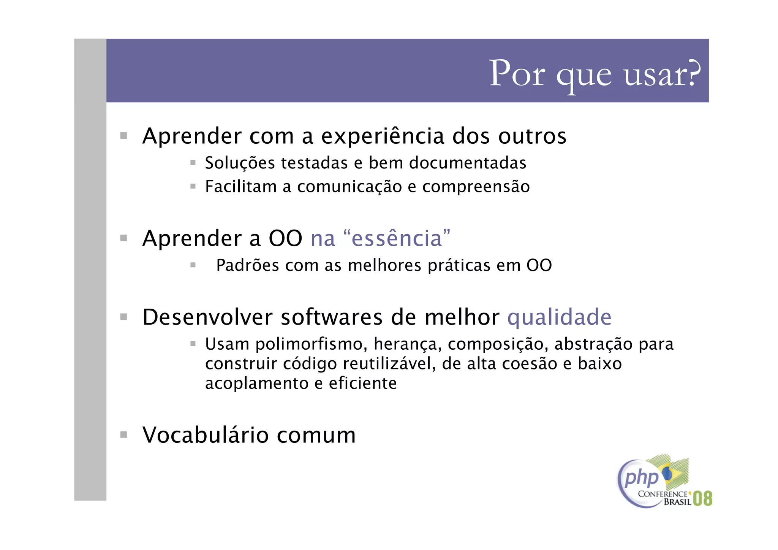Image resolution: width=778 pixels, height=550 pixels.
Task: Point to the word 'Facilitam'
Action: point(241,187)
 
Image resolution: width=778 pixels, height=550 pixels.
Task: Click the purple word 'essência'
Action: point(397,239)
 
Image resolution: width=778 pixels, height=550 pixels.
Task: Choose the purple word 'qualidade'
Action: point(559,317)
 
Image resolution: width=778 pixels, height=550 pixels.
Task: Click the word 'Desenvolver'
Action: point(207,317)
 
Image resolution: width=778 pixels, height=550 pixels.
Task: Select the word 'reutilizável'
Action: point(389,364)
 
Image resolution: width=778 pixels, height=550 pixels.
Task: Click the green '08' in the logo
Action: point(702,498)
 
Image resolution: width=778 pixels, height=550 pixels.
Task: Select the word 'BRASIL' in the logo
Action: point(677,502)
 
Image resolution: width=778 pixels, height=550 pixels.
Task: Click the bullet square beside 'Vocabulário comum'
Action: point(123,434)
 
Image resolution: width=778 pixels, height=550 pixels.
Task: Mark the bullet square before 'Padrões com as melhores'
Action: point(193,265)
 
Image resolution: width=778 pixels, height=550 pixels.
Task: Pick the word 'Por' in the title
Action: point(517,74)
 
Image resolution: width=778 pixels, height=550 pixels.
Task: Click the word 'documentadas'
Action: point(468,163)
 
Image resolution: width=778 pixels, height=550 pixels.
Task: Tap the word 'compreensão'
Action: point(476,187)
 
